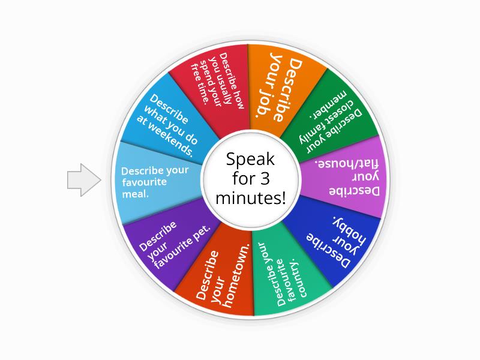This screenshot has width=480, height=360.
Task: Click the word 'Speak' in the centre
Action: (x=250, y=160)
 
